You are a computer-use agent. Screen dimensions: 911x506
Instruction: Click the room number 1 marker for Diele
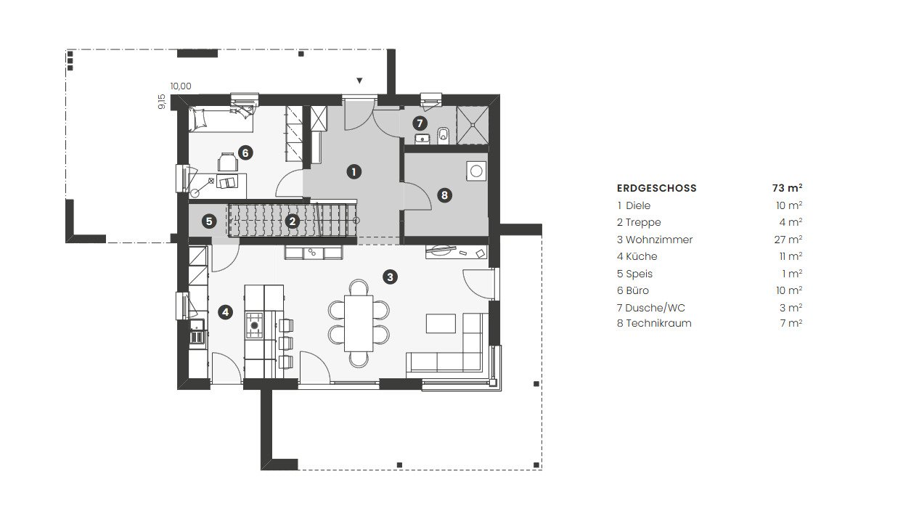354,172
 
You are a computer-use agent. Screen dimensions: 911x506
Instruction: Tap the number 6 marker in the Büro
245,153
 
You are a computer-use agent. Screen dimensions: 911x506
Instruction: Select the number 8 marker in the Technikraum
444,195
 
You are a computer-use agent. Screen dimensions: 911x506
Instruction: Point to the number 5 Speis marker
209,221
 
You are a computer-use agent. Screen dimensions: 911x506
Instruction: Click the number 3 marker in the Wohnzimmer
390,277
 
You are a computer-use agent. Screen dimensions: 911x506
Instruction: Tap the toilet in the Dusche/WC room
444,136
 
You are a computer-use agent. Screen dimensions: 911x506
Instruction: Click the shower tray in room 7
472,125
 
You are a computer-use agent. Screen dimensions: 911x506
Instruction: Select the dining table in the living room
359,323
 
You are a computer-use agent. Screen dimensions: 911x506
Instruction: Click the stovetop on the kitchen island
255,325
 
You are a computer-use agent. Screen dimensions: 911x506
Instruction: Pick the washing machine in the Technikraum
476,171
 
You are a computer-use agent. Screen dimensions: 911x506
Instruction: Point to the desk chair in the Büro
228,162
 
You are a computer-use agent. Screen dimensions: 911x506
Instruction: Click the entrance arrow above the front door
359,81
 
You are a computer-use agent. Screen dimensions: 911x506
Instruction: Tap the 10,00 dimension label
181,86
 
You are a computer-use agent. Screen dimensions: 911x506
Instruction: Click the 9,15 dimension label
162,102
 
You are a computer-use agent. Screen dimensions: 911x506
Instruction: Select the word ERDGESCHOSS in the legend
656,188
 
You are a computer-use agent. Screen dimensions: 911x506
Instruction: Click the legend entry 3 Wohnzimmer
654,240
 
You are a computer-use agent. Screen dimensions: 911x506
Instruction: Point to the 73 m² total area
788,188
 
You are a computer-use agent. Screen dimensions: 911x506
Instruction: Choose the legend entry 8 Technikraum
654,323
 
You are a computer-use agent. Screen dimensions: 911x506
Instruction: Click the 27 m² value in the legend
788,239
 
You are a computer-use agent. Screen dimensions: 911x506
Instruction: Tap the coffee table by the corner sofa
441,323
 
